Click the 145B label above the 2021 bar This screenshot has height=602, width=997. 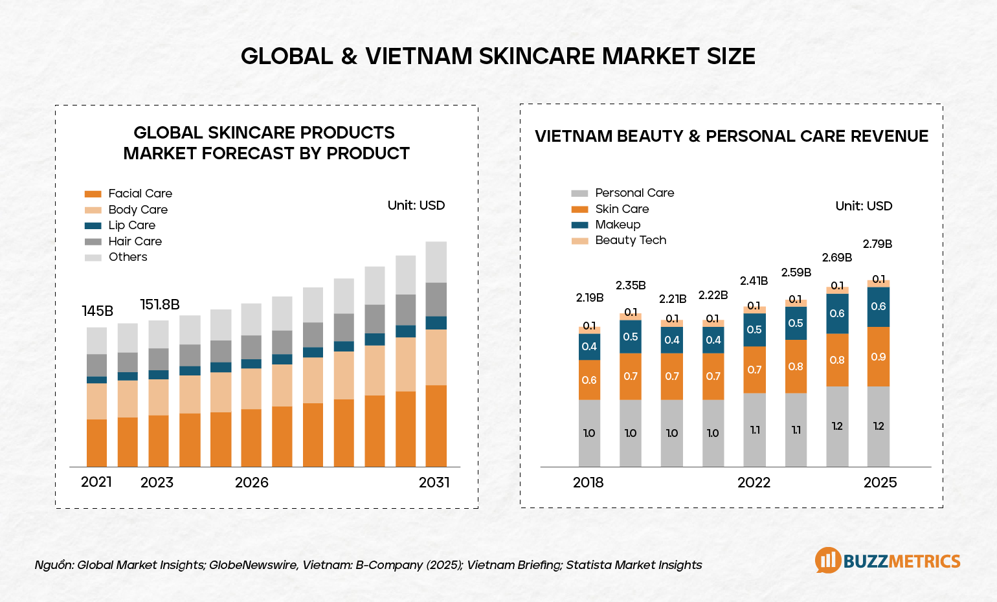(98, 311)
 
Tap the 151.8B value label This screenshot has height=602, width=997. (160, 305)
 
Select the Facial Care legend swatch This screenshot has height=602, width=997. (93, 194)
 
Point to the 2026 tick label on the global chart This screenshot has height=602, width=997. (251, 482)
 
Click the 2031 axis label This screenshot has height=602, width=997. (434, 482)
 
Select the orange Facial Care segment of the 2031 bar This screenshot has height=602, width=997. (436, 426)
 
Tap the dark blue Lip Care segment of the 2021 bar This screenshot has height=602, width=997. (97, 380)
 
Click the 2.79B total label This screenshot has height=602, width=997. (877, 244)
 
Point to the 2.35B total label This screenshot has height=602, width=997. (631, 285)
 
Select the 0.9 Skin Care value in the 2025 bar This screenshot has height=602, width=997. (879, 357)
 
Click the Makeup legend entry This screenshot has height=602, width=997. (618, 225)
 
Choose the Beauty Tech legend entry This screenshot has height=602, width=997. (631, 240)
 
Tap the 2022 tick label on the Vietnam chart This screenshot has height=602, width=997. (754, 482)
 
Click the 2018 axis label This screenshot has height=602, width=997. (588, 482)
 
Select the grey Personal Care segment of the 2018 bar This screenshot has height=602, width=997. (589, 433)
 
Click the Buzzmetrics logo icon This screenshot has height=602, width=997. (828, 561)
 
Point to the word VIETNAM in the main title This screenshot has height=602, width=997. (419, 56)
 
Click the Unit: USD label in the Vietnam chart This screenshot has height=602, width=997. (864, 206)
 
